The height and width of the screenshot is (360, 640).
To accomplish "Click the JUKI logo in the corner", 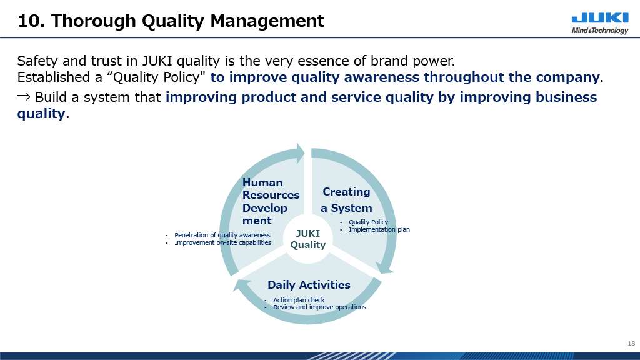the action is click(600, 18).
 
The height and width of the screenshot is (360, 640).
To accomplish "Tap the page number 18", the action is click(631, 343).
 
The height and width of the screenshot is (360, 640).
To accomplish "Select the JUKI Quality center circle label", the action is click(307, 239).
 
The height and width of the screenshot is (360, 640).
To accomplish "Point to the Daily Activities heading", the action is click(309, 285).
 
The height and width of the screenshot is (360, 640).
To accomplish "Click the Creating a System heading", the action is click(346, 200).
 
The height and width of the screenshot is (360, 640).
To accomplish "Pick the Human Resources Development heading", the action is click(271, 202).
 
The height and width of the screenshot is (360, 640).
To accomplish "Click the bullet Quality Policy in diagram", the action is click(368, 222).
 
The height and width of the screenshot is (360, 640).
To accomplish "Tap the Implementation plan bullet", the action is click(379, 229).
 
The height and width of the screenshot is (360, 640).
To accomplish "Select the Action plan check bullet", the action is click(299, 300).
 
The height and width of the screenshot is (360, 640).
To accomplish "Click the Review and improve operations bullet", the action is click(319, 307).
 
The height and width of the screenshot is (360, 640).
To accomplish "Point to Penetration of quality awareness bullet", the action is click(222, 235).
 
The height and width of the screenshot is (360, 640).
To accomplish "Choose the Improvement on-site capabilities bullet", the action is click(223, 242).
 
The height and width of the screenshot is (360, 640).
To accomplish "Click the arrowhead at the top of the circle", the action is click(301, 152).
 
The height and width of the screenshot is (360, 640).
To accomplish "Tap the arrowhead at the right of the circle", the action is click(384, 267).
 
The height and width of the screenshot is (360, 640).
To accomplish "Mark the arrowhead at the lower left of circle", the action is click(241, 284).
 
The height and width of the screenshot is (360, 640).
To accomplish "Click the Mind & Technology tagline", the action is click(600, 31).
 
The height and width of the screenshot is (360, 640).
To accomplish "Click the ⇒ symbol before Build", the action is click(24, 97).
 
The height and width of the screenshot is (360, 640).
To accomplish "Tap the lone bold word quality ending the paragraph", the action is click(41, 114).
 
